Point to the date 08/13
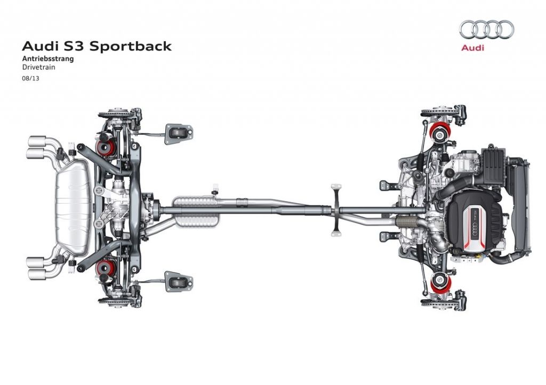31,78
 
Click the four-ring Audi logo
486,29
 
